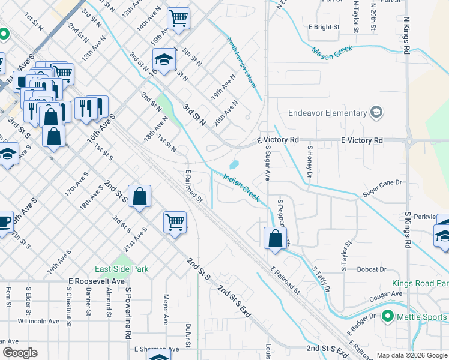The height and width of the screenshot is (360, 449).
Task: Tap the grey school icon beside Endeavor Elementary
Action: point(376,112)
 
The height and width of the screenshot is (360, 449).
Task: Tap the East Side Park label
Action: point(121,269)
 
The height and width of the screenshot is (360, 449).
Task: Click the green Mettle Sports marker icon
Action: point(388,316)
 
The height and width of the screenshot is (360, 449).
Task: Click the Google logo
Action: point(19,353)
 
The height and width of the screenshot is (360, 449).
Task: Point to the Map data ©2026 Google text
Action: point(412,355)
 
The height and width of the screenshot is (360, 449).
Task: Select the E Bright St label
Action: point(324,27)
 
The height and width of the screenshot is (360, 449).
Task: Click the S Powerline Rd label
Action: point(128,312)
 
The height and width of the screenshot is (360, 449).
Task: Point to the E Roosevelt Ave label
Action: point(97,281)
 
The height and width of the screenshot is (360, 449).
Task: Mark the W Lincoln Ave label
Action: point(38,321)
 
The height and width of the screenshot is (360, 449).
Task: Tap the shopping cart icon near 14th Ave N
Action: point(178,19)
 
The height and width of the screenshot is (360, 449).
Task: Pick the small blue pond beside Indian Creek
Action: point(234,164)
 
